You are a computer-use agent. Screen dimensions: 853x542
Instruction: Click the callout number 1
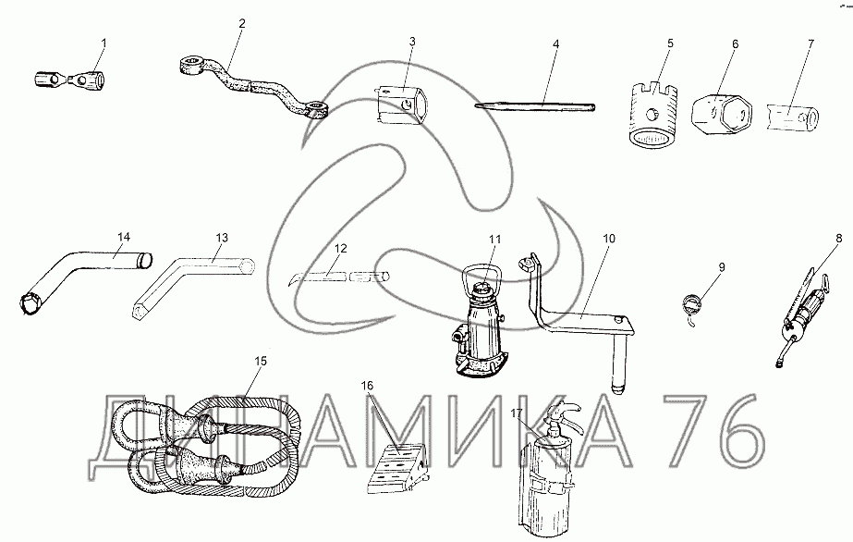coord(104,43)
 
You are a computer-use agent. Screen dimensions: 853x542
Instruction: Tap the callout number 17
coord(517,413)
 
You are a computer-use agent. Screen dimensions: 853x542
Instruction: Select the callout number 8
coord(839,238)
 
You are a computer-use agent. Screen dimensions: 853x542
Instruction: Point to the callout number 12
coord(340,249)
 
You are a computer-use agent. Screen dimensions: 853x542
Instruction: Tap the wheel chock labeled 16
coord(396,469)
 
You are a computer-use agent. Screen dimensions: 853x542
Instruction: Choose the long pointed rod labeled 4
coord(535,106)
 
